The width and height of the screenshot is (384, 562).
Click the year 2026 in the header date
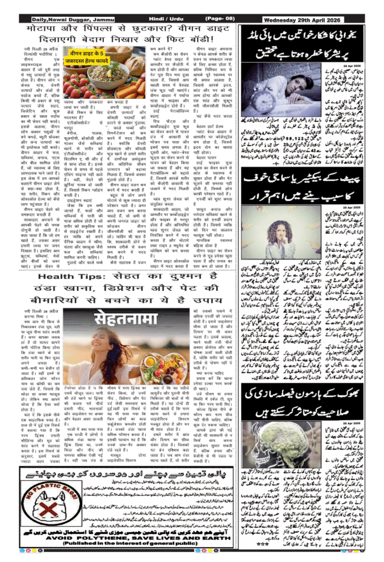[353, 19]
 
